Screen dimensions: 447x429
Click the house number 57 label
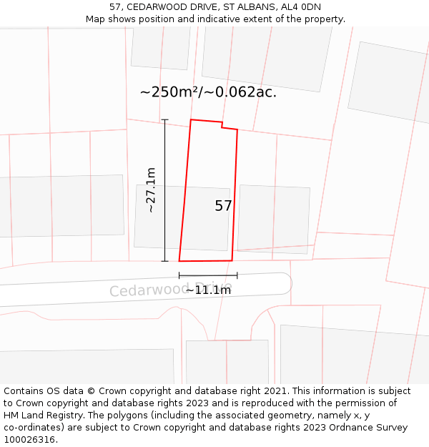click(223, 206)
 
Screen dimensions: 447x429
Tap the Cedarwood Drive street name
click(170, 289)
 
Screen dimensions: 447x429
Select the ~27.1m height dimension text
click(151, 190)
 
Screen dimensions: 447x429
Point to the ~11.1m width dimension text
click(208, 290)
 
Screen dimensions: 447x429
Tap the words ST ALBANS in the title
click(247, 7)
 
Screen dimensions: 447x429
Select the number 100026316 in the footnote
click(29, 440)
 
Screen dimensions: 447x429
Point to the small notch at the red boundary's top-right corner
click(229, 127)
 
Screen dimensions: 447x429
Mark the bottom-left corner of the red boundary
click(179, 261)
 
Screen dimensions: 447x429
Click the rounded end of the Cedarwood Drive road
click(285, 283)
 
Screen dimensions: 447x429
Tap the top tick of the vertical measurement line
click(164, 119)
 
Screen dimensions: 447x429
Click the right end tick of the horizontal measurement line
click(237, 275)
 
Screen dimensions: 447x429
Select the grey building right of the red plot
click(273, 218)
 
